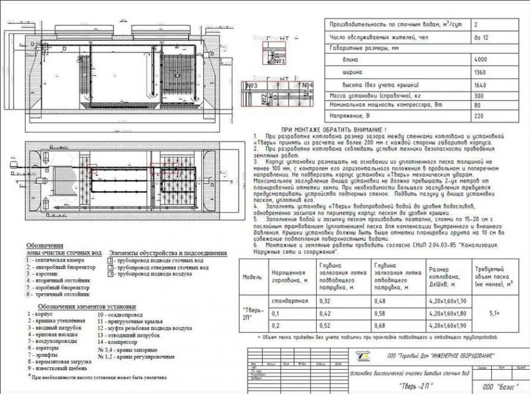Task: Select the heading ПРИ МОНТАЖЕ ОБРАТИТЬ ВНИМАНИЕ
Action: (329, 128)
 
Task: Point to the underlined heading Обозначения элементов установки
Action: (86, 307)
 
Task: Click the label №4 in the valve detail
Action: (307, 85)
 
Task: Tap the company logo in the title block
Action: (359, 355)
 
